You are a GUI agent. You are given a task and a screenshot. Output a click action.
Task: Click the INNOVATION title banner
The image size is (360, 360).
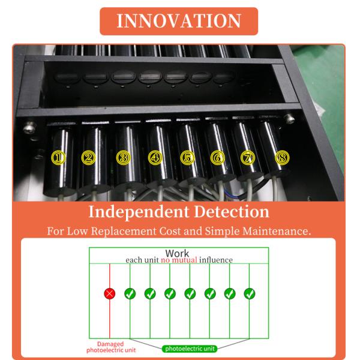click(179, 21)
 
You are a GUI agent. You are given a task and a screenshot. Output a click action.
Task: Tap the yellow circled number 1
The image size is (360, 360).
click(58, 158)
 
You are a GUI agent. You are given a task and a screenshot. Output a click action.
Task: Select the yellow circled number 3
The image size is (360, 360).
click(123, 158)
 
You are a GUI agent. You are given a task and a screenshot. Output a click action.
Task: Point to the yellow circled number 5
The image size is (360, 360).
click(188, 158)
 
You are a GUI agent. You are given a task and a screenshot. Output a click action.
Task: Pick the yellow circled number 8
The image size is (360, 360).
click(282, 158)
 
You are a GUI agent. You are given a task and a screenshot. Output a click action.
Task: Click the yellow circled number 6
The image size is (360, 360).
click(218, 158)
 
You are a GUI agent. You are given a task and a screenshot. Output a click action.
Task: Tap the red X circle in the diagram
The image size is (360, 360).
click(110, 293)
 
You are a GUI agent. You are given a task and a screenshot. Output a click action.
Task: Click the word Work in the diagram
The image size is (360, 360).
click(177, 253)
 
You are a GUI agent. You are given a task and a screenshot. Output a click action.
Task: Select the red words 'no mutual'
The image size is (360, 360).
click(179, 260)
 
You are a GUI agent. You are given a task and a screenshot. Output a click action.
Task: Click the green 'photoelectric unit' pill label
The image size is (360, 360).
click(190, 349)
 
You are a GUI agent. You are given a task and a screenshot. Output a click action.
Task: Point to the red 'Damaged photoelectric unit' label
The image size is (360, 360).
click(111, 347)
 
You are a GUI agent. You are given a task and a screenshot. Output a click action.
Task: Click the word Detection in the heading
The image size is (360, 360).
click(232, 212)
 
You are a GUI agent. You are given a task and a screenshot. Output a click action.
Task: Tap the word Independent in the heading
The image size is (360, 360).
click(139, 212)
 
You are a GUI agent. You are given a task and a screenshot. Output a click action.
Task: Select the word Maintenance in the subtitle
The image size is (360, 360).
click(277, 231)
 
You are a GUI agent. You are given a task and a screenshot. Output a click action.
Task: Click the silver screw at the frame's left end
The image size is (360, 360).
click(29, 128)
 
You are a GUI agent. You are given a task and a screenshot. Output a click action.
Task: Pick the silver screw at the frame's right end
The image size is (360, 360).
click(289, 119)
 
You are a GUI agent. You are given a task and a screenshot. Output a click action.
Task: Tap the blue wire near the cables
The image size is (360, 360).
click(230, 195)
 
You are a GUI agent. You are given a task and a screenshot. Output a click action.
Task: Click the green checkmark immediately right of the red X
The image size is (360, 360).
click(130, 293)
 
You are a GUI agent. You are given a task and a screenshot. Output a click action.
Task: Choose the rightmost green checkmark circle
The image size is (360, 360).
click(250, 293)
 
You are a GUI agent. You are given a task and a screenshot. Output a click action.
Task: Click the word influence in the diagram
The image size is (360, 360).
click(216, 260)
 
